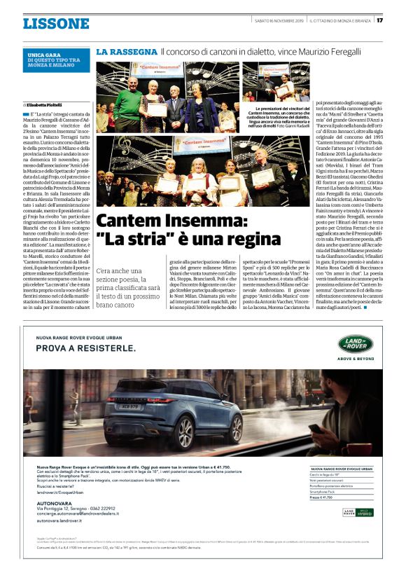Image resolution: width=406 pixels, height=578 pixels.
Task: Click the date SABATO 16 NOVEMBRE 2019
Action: (278, 20)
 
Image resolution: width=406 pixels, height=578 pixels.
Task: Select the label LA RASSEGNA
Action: (126, 52)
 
